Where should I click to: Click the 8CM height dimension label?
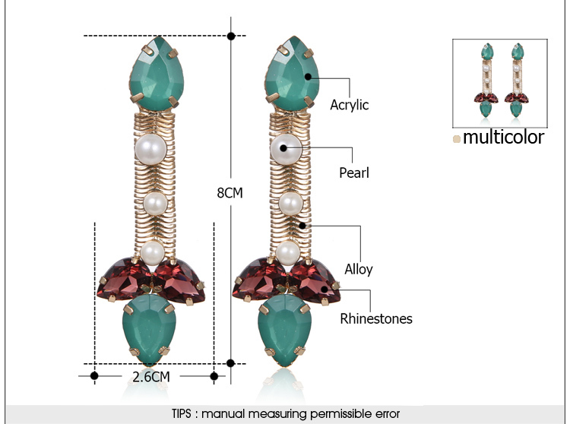pyautogui.click(x=230, y=192)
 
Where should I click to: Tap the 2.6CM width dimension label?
pyautogui.click(x=151, y=377)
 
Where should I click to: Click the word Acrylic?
pyautogui.click(x=350, y=105)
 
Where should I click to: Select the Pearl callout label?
pyautogui.click(x=354, y=172)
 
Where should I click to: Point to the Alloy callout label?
pyautogui.click(x=359, y=270)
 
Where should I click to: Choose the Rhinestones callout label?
pyautogui.click(x=376, y=318)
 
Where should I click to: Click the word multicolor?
pyautogui.click(x=503, y=137)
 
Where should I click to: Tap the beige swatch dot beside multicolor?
pyautogui.click(x=457, y=139)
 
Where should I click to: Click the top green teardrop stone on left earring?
pyautogui.click(x=157, y=74)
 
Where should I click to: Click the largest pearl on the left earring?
pyautogui.click(x=151, y=150)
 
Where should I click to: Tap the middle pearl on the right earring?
pyautogui.click(x=291, y=204)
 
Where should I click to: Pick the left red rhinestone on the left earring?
pyautogui.click(x=123, y=279)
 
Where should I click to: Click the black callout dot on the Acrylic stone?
pyautogui.click(x=309, y=77)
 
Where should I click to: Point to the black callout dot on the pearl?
pyautogui.click(x=283, y=148)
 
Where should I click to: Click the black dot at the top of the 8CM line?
pyautogui.click(x=231, y=36)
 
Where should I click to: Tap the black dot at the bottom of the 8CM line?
pyautogui.click(x=230, y=363)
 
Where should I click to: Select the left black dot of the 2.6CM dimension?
pyautogui.click(x=94, y=375)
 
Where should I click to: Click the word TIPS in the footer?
pyautogui.click(x=182, y=414)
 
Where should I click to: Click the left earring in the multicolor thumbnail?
pyautogui.click(x=486, y=80)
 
